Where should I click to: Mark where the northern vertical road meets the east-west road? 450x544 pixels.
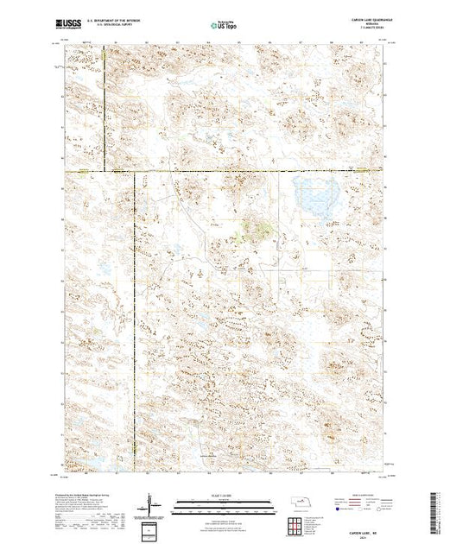pos(106,171)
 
